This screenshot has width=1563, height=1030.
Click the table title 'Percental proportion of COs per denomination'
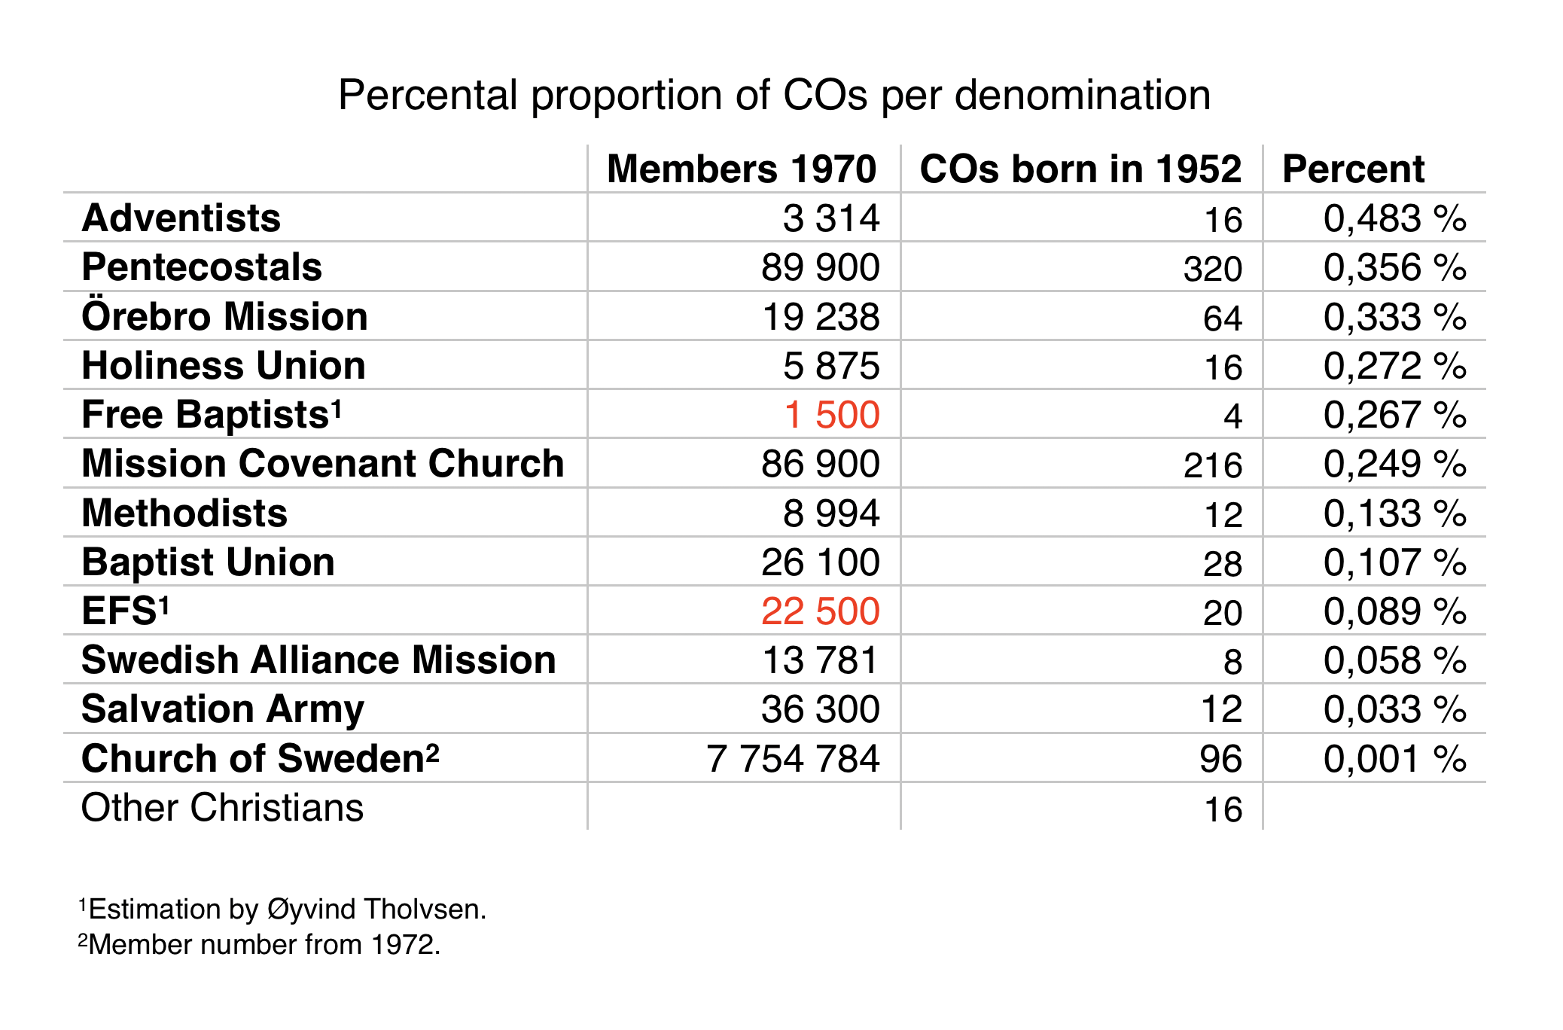click(774, 96)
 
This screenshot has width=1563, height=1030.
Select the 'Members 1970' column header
click(742, 169)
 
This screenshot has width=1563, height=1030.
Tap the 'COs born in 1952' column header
click(1080, 169)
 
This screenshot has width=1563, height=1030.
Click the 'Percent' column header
click(1353, 169)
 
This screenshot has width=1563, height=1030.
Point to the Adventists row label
click(181, 218)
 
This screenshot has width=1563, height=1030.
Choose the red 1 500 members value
click(832, 415)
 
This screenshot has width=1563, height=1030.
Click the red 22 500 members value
click(820, 611)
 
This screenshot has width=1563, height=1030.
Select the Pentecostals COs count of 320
click(1212, 269)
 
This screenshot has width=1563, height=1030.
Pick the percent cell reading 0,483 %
click(1394, 218)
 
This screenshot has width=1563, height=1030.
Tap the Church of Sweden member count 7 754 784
click(793, 758)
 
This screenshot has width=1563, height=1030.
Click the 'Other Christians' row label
click(222, 808)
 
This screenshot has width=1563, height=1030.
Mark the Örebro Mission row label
click(224, 316)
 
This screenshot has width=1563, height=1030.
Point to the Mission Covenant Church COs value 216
click(1212, 465)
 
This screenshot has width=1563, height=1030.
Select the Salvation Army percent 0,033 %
click(1394, 709)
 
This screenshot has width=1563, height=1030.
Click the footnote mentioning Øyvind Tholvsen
click(283, 910)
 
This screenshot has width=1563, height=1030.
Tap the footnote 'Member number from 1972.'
click(260, 944)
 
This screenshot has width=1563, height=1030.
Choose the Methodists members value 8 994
click(831, 513)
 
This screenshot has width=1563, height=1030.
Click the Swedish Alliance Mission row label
click(318, 660)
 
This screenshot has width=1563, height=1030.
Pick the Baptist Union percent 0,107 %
click(1394, 562)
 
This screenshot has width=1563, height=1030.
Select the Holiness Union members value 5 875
click(831, 366)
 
